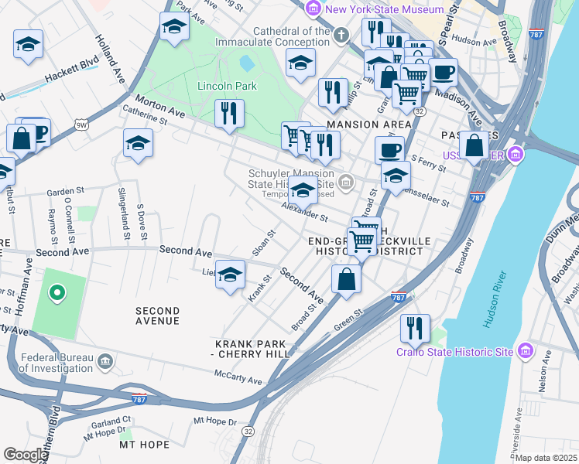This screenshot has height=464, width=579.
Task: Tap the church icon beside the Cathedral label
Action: coord(341,35)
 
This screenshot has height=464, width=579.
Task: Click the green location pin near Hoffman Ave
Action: coord(56,293)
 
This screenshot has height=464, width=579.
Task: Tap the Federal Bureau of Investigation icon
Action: coord(104,361)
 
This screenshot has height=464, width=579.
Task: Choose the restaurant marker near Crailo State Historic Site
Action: coord(415,328)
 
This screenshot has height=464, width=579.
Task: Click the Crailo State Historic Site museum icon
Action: coord(526,352)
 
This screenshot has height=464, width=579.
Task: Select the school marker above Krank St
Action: coord(230,275)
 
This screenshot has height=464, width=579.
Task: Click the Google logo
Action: coord(25,455)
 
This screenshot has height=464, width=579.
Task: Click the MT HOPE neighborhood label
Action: coord(144,445)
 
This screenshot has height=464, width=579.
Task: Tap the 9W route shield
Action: coord(81,123)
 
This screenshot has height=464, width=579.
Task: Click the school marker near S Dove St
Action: coord(138,144)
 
